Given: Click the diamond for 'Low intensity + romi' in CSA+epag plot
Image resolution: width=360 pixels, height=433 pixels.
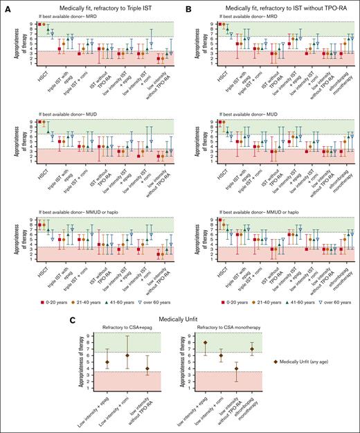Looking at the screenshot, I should point(108,355).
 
